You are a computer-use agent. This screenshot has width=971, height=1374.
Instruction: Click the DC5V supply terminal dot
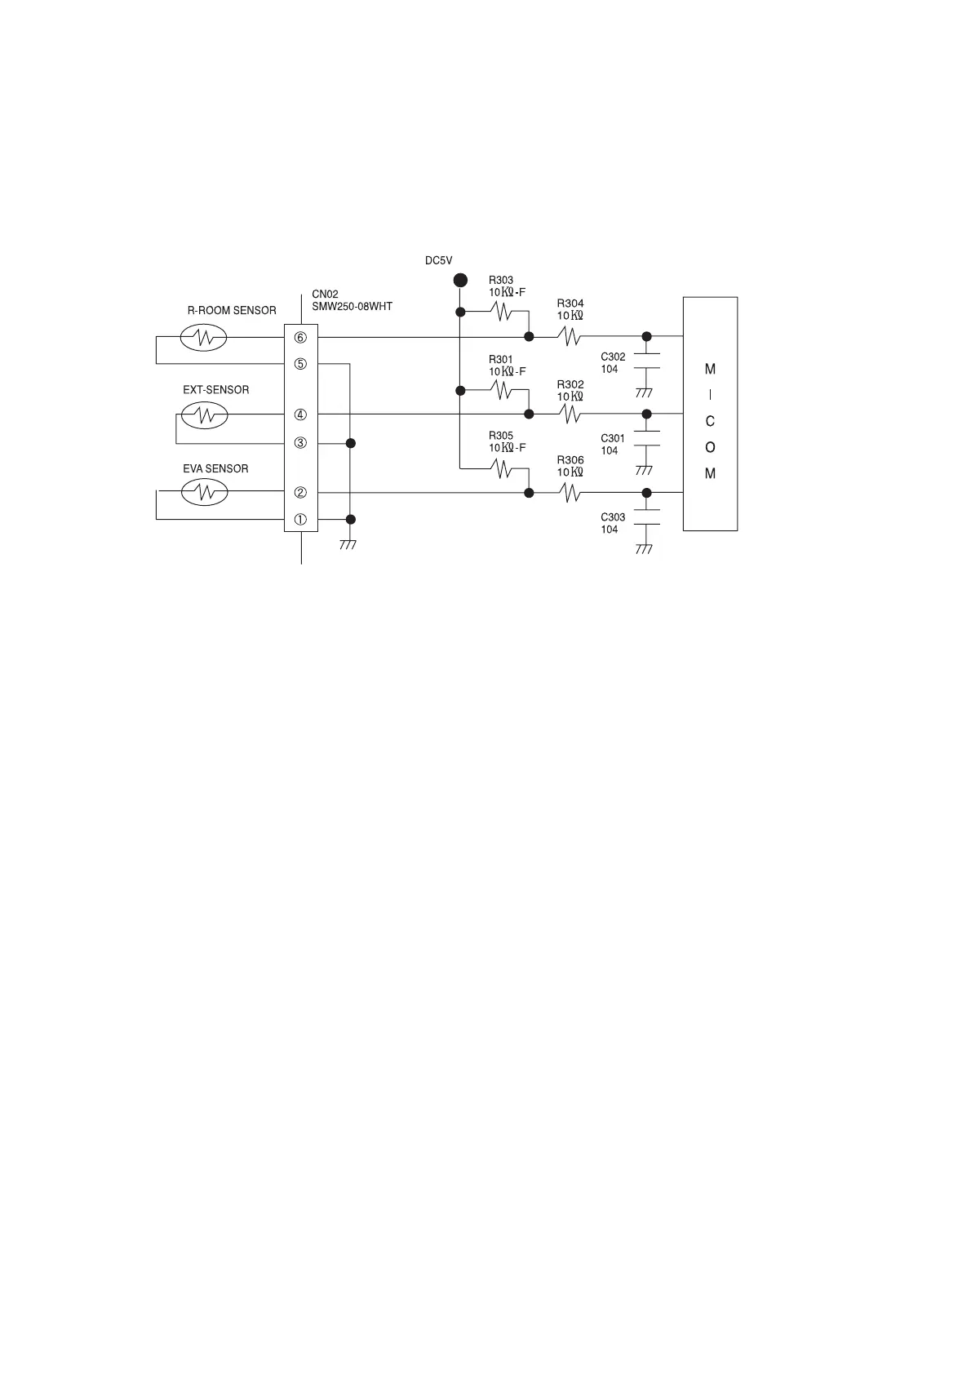pos(460,280)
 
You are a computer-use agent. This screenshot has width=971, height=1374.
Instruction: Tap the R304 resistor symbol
pos(570,336)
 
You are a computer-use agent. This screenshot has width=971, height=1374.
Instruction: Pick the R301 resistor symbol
pos(501,391)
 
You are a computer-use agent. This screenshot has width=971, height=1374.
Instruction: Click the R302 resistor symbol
pos(570,414)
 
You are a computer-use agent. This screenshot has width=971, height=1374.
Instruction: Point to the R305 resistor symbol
pos(501,468)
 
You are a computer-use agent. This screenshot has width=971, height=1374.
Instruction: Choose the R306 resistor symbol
pos(570,492)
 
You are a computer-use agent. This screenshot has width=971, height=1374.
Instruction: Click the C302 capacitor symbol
pos(646,361)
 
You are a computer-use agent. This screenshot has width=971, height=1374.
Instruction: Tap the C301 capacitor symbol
pos(646,438)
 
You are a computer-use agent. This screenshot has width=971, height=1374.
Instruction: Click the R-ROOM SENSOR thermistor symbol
pos(203,337)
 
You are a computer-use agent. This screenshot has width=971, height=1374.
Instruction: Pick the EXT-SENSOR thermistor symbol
pos(203,415)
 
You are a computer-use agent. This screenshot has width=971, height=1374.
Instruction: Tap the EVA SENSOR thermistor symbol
pos(203,492)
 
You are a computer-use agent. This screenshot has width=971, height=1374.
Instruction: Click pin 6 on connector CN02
pos(300,338)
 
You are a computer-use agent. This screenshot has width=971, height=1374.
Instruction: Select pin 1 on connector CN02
pos(300,520)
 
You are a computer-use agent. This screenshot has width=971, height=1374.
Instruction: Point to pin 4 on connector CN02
pos(300,414)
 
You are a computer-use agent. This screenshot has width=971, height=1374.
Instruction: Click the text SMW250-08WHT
pos(352,307)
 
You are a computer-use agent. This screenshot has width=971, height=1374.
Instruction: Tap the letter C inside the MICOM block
pos(710,422)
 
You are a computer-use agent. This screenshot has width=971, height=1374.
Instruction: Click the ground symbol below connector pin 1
pos(348,544)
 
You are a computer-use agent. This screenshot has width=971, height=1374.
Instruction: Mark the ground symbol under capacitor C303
pos(644,549)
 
